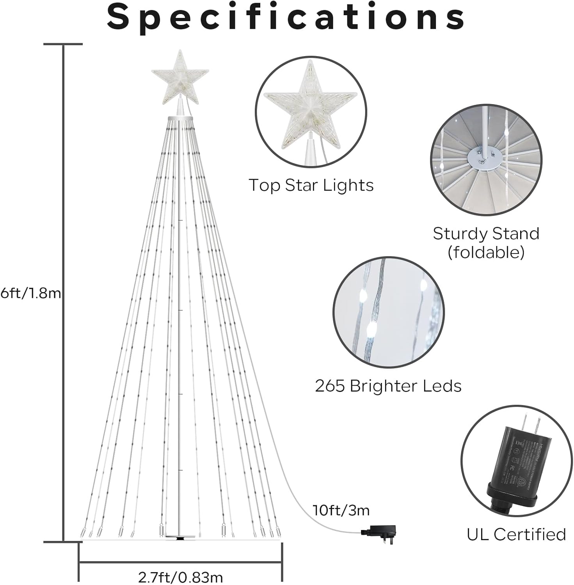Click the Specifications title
(x=286, y=17)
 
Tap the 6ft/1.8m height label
(x=31, y=293)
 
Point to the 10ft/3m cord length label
(x=341, y=510)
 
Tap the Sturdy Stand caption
(x=486, y=234)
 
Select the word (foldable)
(x=486, y=252)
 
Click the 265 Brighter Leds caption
(x=388, y=386)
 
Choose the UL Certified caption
(x=516, y=534)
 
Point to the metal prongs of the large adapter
(x=533, y=423)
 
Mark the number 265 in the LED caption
(x=330, y=386)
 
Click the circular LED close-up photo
(x=388, y=312)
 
